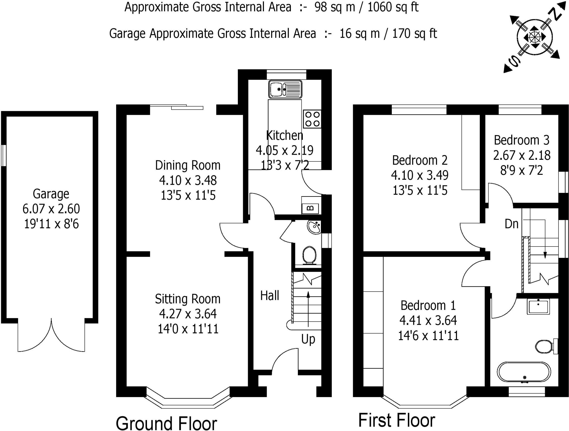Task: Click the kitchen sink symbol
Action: click(285, 89)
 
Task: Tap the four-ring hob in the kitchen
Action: click(312, 119)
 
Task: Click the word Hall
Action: click(269, 295)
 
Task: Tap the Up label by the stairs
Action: click(308, 339)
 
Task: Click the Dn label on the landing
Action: click(511, 224)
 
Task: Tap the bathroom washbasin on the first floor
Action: click(538, 306)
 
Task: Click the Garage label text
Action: click(51, 194)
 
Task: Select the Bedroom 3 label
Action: click(521, 140)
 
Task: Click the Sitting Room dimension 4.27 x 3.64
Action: click(188, 314)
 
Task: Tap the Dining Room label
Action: click(188, 165)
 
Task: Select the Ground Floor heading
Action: click(166, 423)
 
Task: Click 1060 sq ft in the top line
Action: click(393, 7)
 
